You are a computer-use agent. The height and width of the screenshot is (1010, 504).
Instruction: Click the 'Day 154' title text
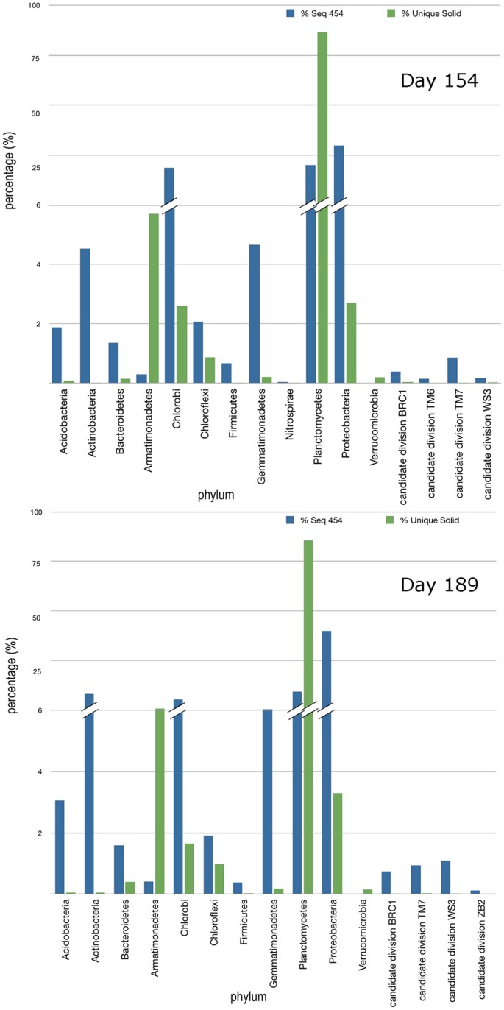click(x=439, y=80)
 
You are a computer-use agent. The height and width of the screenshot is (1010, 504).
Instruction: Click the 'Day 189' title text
click(x=439, y=585)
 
